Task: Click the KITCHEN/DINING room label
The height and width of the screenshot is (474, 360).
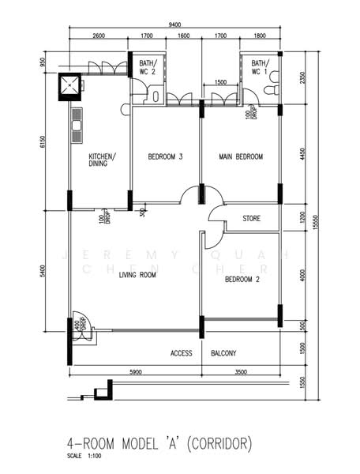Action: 103,160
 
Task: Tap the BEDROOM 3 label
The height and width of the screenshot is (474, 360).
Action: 165,157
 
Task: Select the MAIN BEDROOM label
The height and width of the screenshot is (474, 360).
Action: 240,157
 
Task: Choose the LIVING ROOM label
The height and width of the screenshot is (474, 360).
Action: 137,275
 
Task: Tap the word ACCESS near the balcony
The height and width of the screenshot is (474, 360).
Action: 182,353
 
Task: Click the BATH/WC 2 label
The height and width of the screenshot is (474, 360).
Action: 148,68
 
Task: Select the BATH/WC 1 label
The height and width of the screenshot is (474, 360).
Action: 260,68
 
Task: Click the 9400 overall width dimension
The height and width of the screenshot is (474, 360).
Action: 175,24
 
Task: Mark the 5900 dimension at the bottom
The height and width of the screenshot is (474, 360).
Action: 135,371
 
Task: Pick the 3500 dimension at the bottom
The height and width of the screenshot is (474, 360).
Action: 240,371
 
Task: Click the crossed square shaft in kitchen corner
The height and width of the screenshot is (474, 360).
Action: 71,85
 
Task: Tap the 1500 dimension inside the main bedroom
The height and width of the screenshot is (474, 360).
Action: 221,82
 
